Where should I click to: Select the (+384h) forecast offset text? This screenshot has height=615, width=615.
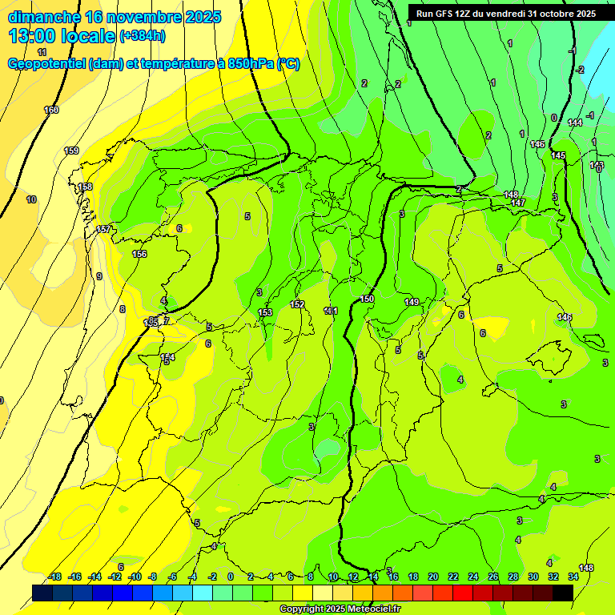pyautogui.click(x=142, y=36)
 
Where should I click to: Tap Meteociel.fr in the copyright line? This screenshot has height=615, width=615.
pyautogui.click(x=368, y=609)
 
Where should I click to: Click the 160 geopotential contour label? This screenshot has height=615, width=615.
pyautogui.click(x=51, y=110)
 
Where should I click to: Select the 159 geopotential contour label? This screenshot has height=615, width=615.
pyautogui.click(x=71, y=151)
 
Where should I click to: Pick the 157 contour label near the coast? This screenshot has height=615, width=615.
pyautogui.click(x=103, y=230)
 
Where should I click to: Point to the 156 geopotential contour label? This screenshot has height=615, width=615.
pyautogui.click(x=139, y=254)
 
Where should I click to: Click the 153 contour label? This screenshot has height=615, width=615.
pyautogui.click(x=265, y=312)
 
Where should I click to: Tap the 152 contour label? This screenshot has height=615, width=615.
pyautogui.click(x=297, y=304)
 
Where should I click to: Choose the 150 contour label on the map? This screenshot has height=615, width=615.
pyautogui.click(x=367, y=299)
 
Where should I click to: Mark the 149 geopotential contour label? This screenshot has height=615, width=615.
pyautogui.click(x=412, y=302)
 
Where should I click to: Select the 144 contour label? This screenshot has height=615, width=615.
pyautogui.click(x=574, y=123)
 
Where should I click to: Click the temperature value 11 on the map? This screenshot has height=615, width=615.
pyautogui.click(x=42, y=52)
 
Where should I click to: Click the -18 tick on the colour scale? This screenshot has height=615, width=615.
pyautogui.click(x=55, y=577)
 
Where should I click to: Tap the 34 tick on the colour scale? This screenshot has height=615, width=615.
pyautogui.click(x=573, y=577)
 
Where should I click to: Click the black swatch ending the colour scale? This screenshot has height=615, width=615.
pyautogui.click(x=563, y=593)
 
